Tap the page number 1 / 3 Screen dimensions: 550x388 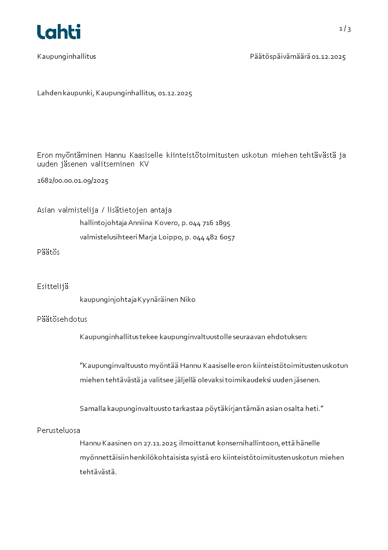pos(345,29)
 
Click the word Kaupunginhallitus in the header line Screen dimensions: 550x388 pos(67,56)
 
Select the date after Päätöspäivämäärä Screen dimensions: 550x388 pos(329,57)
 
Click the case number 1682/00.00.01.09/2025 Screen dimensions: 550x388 pos(73,181)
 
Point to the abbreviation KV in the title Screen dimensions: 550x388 pos(144,165)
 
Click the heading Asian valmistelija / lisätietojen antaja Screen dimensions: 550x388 pos(104,210)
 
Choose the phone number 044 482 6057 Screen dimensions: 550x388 pos(214,238)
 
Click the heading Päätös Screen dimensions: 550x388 pos(48,252)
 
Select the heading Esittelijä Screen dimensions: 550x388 pos(52,287)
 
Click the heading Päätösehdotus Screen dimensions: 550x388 pos(62,319)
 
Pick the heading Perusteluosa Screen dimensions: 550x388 pos(59,430)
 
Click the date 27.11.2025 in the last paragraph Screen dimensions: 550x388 pos(160,443)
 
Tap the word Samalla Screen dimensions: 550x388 pos(93,408)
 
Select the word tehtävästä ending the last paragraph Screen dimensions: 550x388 pos(98,472)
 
